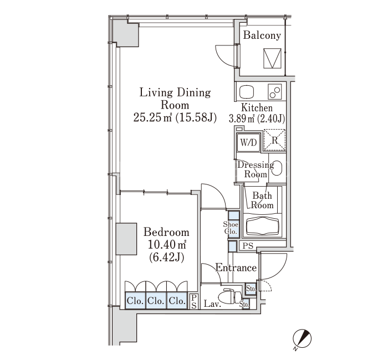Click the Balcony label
tap(262, 35)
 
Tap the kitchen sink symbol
tap(247, 92)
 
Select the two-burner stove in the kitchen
tap(275, 92)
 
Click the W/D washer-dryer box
tap(248, 142)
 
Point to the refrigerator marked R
tap(274, 140)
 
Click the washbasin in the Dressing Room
tap(278, 168)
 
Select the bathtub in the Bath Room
tap(263, 225)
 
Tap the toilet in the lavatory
tap(232, 296)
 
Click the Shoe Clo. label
tap(231, 228)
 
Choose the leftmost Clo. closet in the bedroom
tap(135, 300)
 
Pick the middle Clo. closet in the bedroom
tap(156, 300)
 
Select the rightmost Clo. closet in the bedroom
tap(177, 300)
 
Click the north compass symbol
tap(302, 338)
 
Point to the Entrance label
tap(236, 268)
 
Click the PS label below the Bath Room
tap(248, 246)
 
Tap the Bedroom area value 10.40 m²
tap(167, 245)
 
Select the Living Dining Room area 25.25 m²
tap(152, 117)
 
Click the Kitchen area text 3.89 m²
tap(242, 119)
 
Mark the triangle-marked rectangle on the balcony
tap(272, 58)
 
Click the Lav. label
tap(212, 304)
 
